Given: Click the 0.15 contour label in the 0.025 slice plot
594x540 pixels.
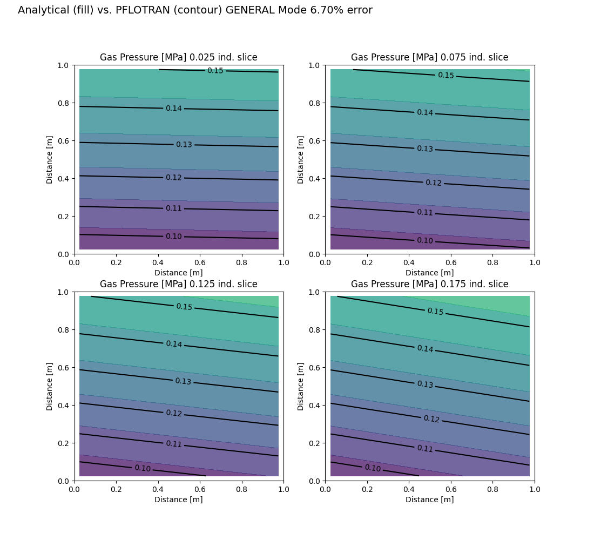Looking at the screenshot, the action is pos(215,71).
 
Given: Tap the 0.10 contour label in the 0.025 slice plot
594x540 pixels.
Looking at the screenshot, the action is pos(174,237).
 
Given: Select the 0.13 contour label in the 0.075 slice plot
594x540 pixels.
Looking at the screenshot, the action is pos(425,148).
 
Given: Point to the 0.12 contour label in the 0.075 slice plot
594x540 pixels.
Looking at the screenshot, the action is pos(434,183).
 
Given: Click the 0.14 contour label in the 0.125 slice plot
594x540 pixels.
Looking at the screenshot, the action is pos(174,344).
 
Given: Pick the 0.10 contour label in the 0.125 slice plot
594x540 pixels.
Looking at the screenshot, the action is pos(143,468).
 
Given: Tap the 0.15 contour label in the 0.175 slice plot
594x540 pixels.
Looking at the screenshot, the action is pos(435,312).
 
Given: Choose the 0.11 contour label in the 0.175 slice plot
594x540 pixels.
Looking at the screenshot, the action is pos(425,449).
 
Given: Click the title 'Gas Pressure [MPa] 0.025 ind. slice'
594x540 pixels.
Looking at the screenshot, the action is pos(178,57).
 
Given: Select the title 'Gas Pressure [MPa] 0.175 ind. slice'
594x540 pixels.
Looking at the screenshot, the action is pos(430,284).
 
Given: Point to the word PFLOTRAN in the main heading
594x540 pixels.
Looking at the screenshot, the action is pos(143,10).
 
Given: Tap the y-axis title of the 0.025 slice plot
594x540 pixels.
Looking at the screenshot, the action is pos(49,160).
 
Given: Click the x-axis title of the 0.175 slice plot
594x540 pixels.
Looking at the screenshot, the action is pos(430,500).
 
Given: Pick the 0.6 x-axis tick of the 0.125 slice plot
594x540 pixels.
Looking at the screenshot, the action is pos(200,489).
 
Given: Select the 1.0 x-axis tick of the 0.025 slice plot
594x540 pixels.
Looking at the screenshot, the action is pos(283,262).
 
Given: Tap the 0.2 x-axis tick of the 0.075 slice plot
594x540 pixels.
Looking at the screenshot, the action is pos(367,262).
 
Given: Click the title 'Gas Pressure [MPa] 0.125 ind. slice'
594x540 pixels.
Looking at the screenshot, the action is pos(178,284).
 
